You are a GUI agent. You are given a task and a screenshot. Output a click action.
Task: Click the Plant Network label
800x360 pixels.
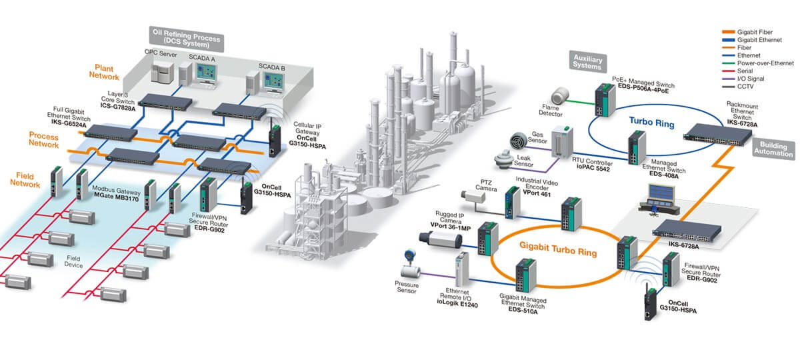coord(105,72)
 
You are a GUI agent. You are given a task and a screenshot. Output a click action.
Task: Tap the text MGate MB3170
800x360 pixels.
coord(119,199)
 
